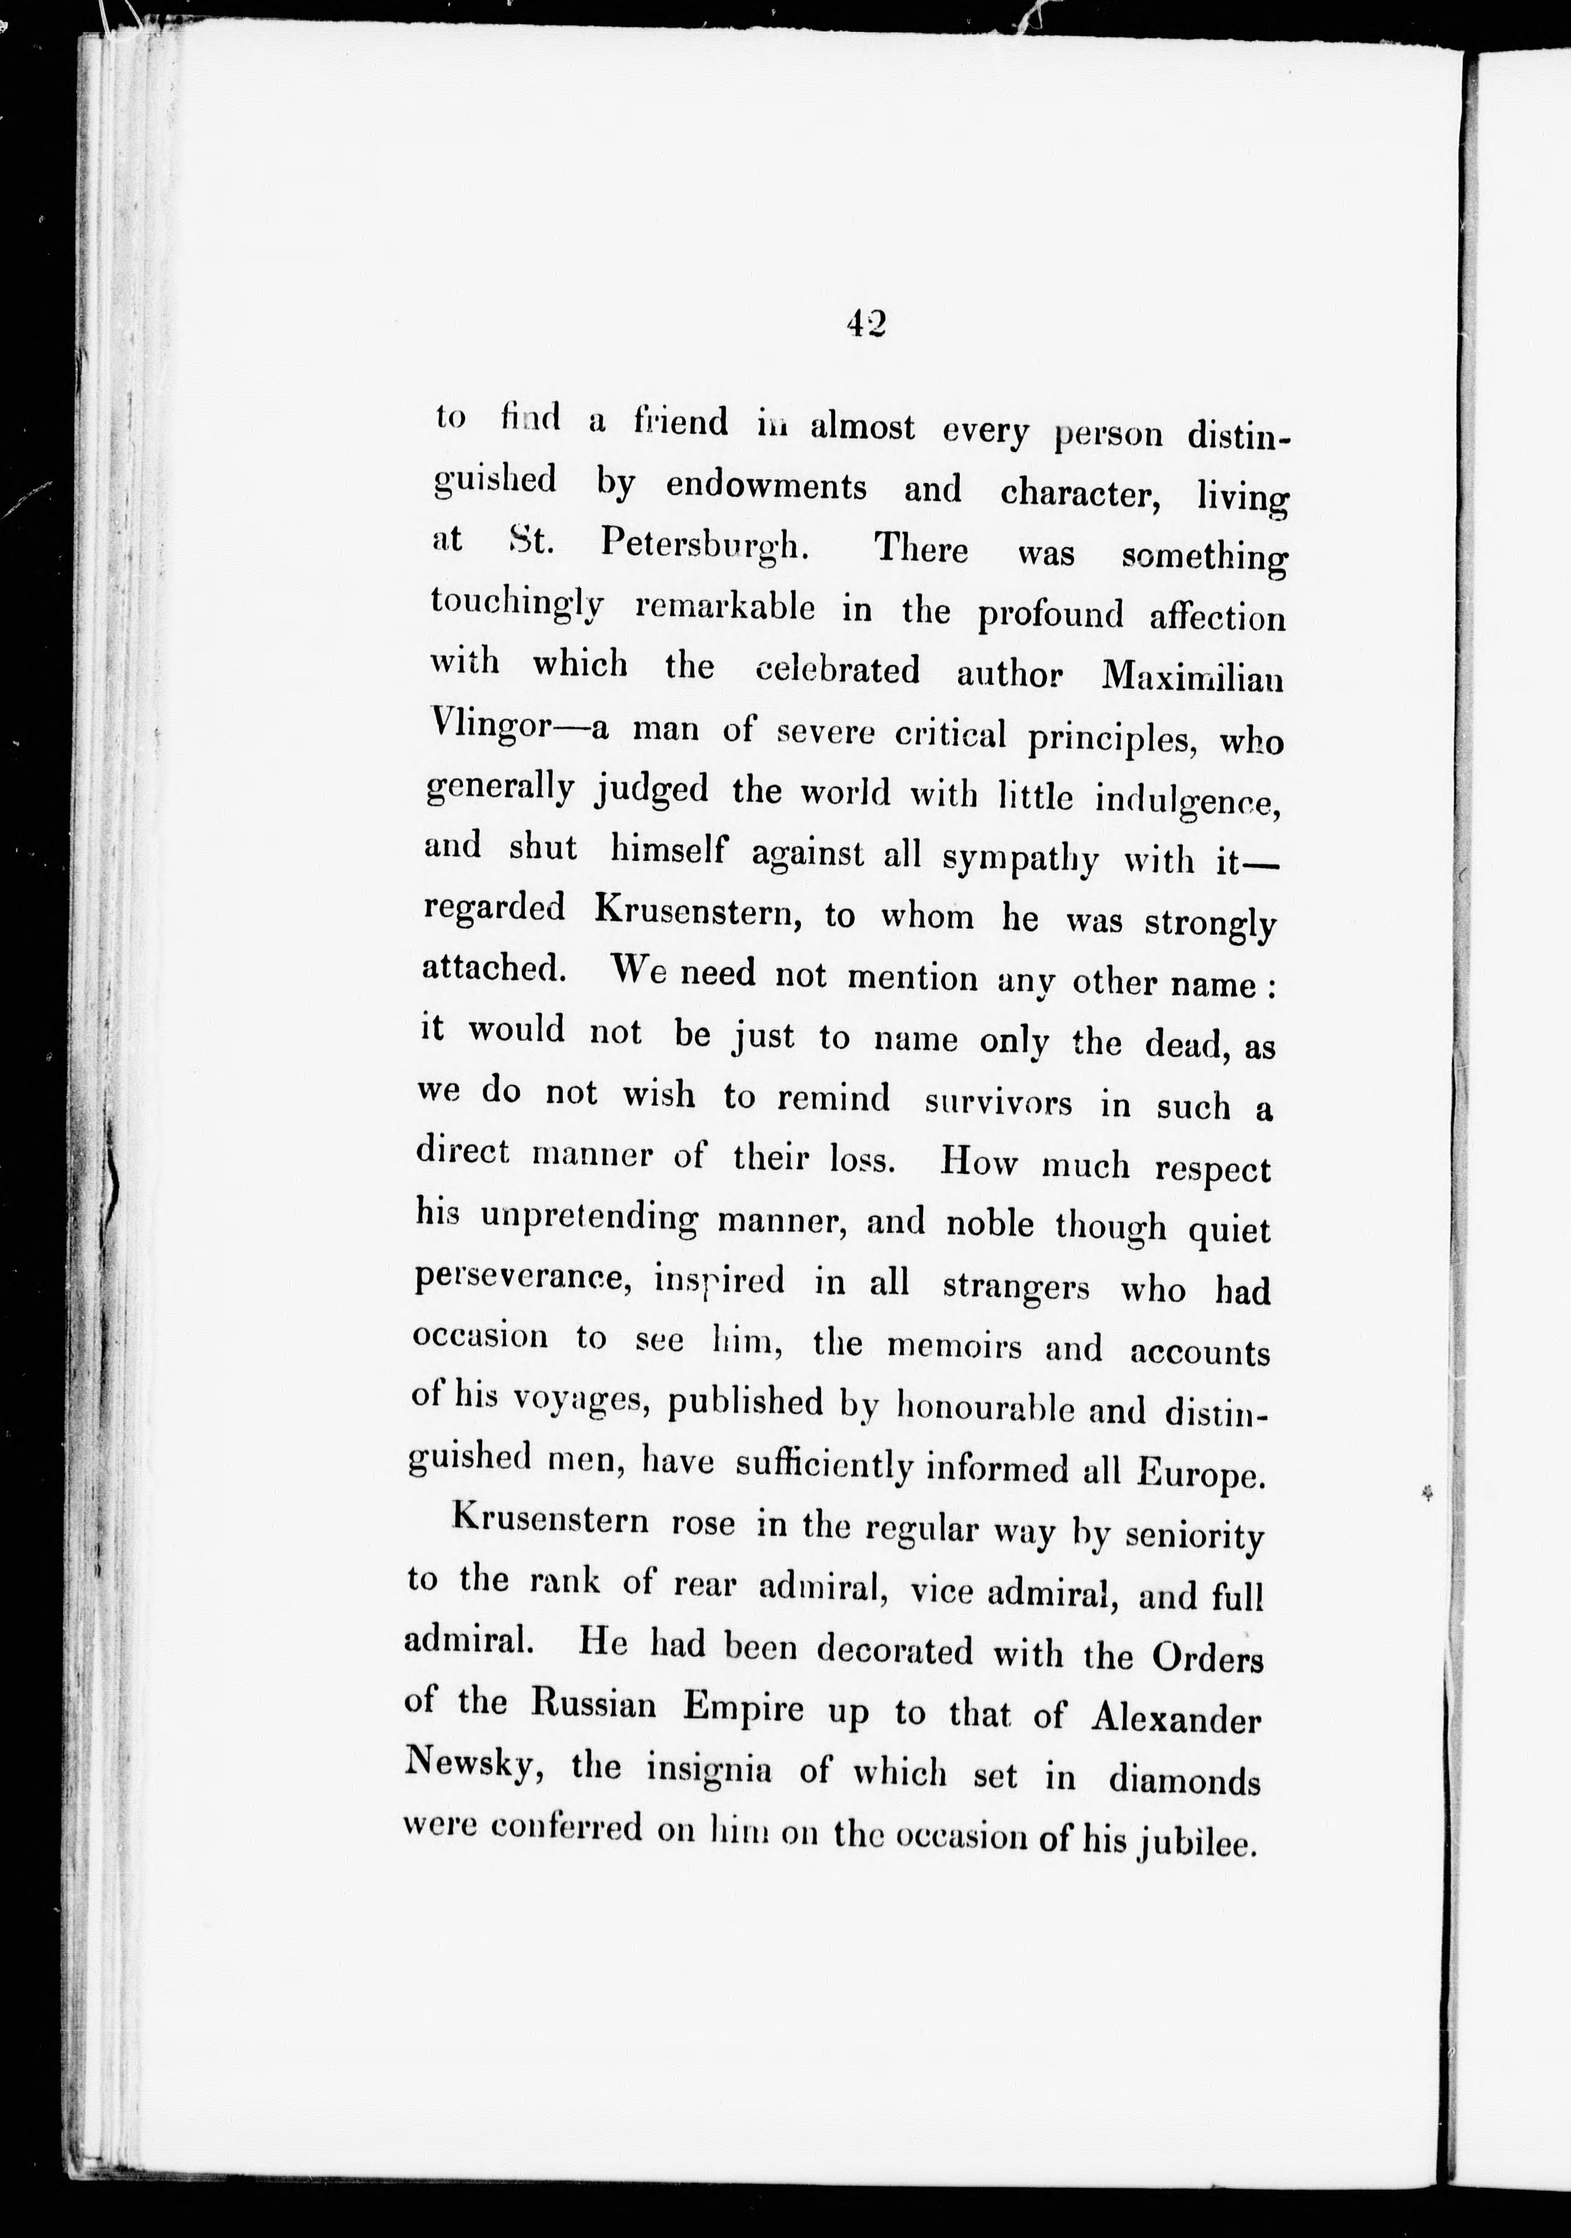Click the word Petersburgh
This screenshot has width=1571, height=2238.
click(x=704, y=544)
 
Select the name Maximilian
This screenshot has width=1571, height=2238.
click(x=1192, y=677)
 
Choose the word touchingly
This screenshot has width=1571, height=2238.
click(x=517, y=604)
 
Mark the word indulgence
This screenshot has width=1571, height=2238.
click(x=1186, y=800)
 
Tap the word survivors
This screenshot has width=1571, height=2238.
click(x=998, y=1103)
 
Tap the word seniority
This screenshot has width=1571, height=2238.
click(x=1194, y=1537)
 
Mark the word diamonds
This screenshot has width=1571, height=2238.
click(x=1184, y=1781)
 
